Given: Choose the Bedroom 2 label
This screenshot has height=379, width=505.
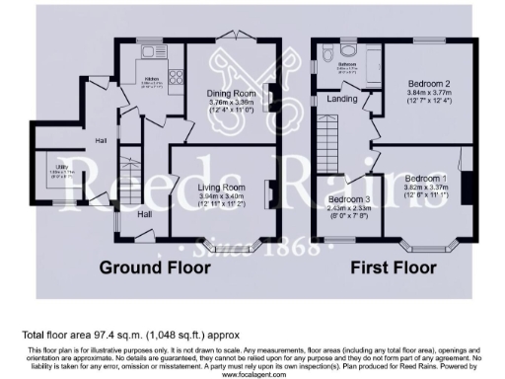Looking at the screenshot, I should pos(433,84).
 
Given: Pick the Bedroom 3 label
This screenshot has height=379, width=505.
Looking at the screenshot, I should pos(349,198).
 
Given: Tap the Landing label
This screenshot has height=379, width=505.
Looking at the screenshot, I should pos(344,98).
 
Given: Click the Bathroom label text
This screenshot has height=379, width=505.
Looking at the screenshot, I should pos(346,65).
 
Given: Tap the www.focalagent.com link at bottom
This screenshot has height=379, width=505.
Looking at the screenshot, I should pos(252,374).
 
